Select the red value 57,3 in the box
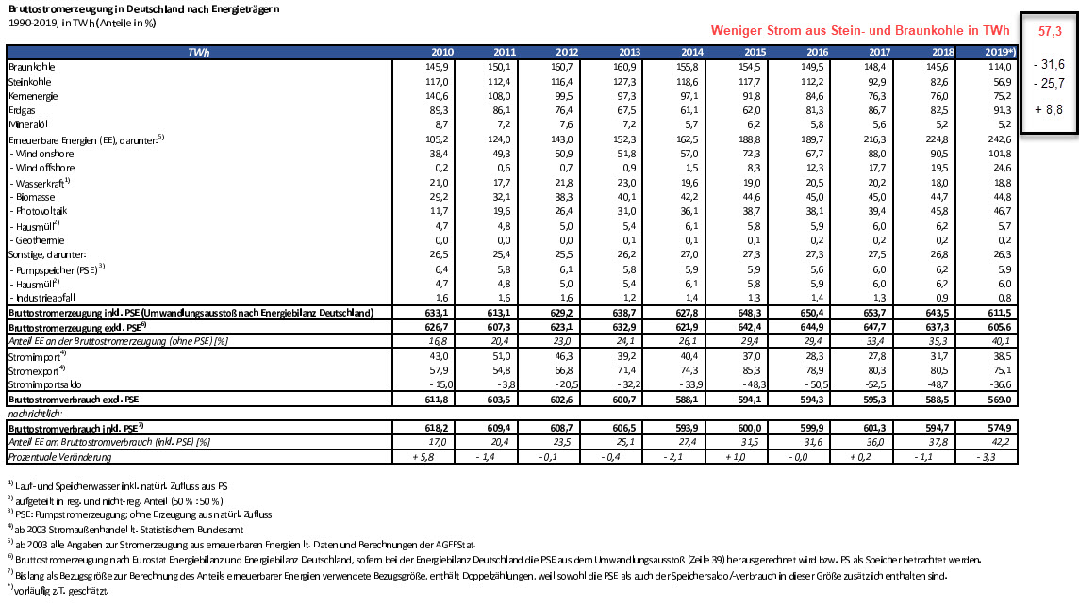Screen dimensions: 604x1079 1050,31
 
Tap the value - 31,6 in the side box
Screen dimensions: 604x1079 1048,65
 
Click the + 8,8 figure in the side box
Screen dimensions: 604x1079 1048,108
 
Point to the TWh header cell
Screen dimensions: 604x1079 199,51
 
